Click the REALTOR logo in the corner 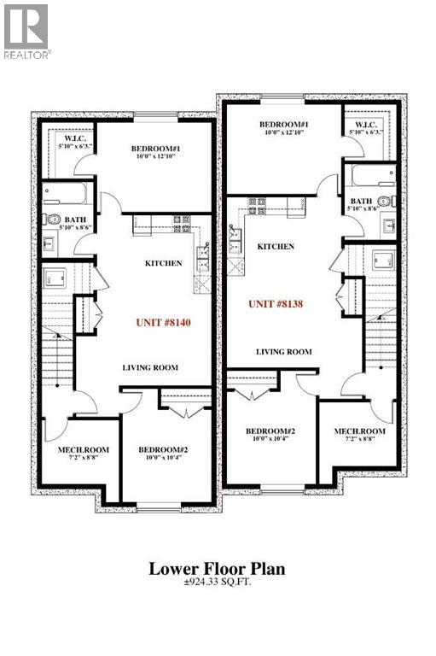point(26,30)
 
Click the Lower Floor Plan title point(217,569)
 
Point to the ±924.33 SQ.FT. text point(218,585)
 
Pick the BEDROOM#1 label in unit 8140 point(156,150)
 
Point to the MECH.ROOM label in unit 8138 point(359,431)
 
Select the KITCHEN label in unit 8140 point(163,263)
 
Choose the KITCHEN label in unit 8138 point(276,246)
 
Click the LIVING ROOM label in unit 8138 point(284,351)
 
